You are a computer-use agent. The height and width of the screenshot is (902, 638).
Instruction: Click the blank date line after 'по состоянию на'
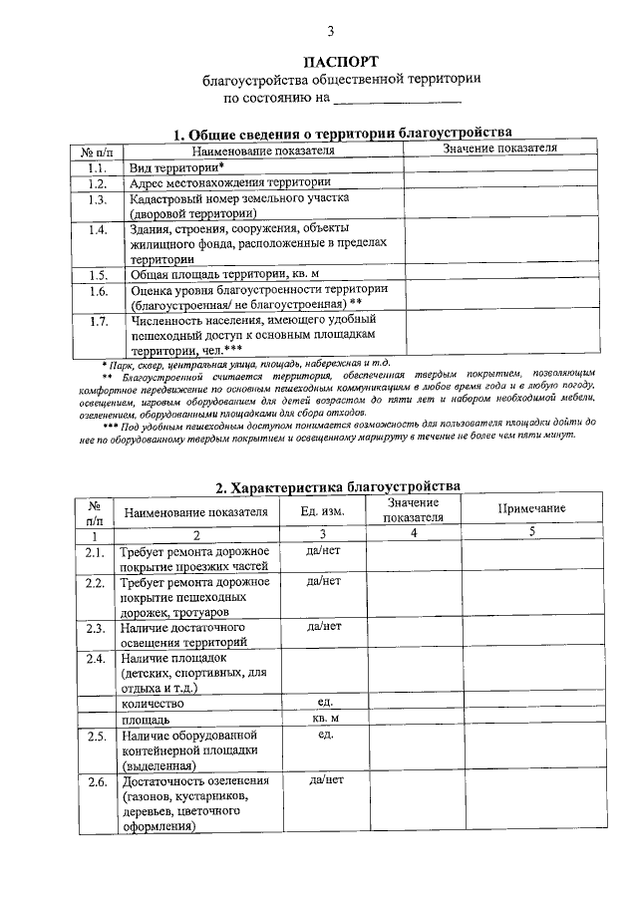[x=397, y=100]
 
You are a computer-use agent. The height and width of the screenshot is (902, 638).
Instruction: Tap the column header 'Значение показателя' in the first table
[x=498, y=148]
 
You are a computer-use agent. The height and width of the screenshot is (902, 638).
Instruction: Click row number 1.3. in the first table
[x=98, y=199]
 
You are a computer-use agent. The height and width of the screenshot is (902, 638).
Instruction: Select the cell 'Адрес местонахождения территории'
[x=230, y=182]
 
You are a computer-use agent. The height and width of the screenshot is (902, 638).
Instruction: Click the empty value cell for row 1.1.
[x=498, y=166]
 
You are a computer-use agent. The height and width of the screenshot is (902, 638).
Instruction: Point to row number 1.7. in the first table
[x=98, y=321]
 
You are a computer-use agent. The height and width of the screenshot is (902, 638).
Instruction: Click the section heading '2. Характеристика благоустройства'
[x=338, y=487]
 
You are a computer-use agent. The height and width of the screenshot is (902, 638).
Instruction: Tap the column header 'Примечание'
[x=532, y=509]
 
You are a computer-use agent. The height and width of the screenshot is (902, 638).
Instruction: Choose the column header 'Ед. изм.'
[x=323, y=511]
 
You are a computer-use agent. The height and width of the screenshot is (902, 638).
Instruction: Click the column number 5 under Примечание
[x=532, y=532]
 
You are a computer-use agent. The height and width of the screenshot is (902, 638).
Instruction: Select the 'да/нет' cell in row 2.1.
[x=324, y=551]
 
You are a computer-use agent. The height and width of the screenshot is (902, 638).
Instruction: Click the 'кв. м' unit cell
[x=325, y=718]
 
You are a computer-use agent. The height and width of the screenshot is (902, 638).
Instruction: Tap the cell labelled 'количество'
[x=154, y=703]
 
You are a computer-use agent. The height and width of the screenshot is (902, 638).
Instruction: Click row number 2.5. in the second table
[x=96, y=735]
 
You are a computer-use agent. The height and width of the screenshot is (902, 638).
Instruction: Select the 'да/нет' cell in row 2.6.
[x=325, y=780]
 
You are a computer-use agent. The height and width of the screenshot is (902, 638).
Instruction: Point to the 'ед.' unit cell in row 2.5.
[x=325, y=735]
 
